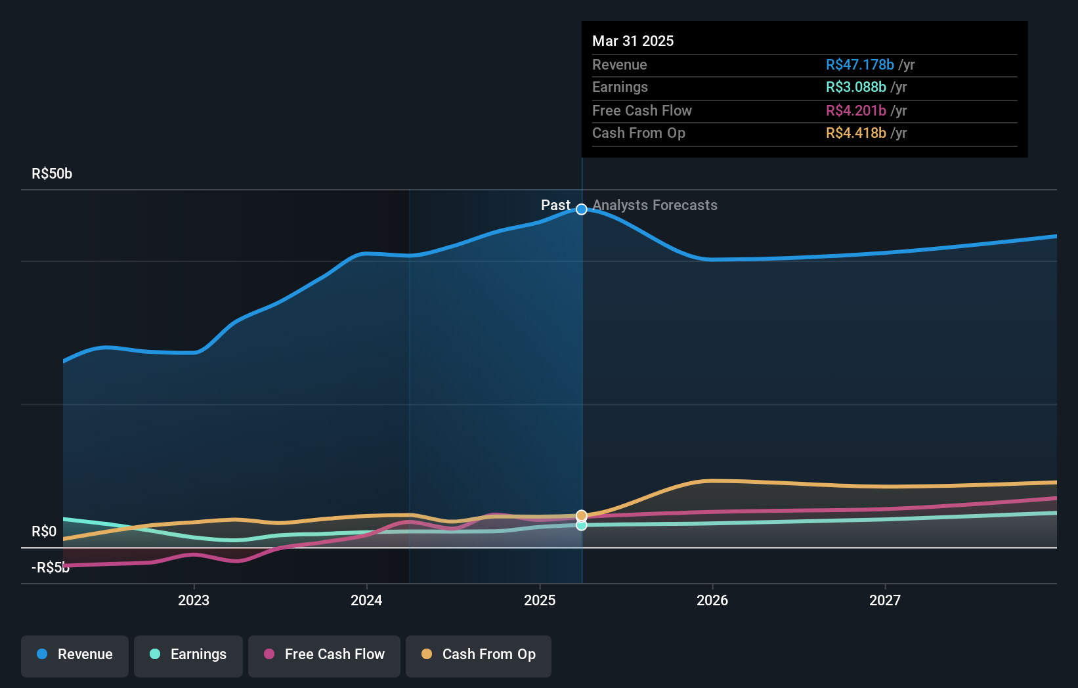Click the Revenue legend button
click(75, 655)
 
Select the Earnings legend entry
click(188, 655)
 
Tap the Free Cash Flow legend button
click(324, 655)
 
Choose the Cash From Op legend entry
click(479, 655)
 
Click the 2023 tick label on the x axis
click(194, 600)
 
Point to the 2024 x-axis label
click(366, 600)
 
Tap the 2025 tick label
click(540, 600)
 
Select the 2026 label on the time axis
click(712, 600)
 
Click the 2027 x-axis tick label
click(885, 600)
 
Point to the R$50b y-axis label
click(52, 174)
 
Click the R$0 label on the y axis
click(44, 532)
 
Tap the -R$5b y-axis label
click(51, 568)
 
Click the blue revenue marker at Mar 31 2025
click(582, 209)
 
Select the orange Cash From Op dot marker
click(582, 515)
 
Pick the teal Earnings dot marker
click(582, 525)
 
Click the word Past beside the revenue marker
click(555, 205)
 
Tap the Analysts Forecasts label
click(655, 205)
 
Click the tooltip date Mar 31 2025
click(633, 41)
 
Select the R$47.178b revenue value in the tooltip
click(859, 65)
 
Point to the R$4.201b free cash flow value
click(855, 111)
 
